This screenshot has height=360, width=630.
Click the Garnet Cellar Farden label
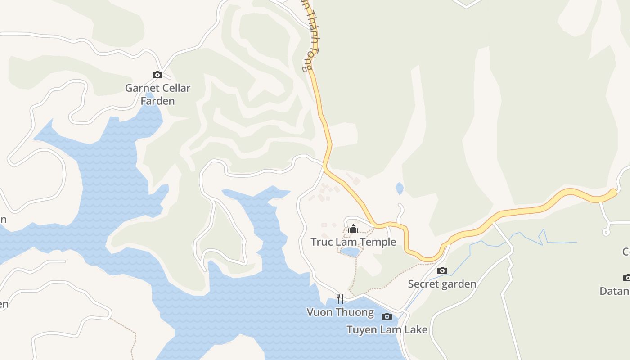pos(157,94)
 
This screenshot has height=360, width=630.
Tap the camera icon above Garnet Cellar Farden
pos(157,75)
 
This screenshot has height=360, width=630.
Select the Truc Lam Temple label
pos(353,242)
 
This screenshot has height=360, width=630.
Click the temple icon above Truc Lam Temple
pos(353,229)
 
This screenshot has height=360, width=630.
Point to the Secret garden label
pos(442,284)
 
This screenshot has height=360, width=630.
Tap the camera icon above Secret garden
pos(442,270)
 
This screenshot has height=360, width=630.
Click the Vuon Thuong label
pos(340,312)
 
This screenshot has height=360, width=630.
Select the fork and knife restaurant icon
pos(340,298)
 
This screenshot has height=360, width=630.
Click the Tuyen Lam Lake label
pos(387,329)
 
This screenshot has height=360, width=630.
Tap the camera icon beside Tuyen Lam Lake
pos(387,316)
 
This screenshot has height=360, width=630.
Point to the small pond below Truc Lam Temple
pos(350,252)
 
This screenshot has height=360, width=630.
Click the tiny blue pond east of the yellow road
pos(399,188)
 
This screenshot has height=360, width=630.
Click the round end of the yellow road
pos(612,193)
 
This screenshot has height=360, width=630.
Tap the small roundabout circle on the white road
pos(606,232)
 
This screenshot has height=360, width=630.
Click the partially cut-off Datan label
pos(615,291)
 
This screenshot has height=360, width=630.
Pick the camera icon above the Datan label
pos(627,278)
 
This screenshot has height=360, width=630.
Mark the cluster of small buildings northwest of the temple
pos(326,191)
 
